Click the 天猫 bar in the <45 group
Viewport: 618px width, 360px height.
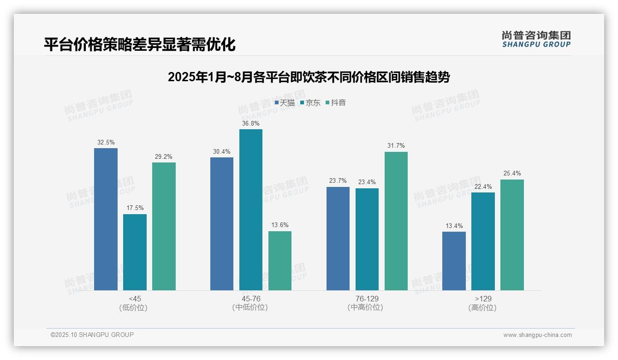tap(106, 219)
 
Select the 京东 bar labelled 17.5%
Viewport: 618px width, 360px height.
tap(135, 252)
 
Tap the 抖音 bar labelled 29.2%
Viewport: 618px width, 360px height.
tap(164, 226)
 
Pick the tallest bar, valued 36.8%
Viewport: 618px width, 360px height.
tap(250, 210)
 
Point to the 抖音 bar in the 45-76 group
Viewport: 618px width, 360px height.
tap(280, 261)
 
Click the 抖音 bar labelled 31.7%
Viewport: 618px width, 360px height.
tap(396, 221)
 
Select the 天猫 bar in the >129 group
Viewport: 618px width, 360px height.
tap(454, 261)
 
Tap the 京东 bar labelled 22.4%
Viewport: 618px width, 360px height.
tap(483, 241)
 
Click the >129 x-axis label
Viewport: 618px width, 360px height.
tap(482, 299)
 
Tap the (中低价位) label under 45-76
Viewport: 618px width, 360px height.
tap(250, 307)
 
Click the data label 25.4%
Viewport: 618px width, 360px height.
tap(512, 174)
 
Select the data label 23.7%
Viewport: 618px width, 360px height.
tap(338, 181)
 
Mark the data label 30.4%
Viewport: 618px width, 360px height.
tap(222, 151)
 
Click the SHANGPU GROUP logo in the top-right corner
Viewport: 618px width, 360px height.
tap(536, 39)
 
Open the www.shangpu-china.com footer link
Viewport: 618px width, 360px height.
tap(537, 335)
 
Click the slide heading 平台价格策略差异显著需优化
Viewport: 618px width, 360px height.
tap(140, 45)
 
